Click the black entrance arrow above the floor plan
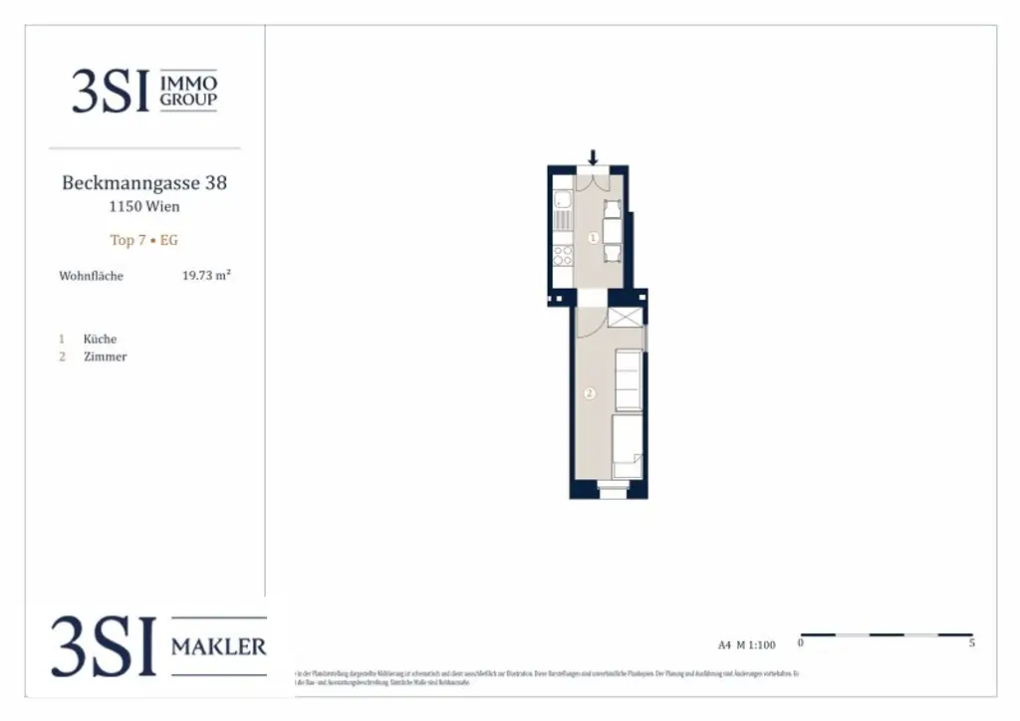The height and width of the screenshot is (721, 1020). coord(593,157)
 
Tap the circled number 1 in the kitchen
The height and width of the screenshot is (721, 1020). coord(593,238)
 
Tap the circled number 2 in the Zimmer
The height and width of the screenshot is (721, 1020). coord(589,393)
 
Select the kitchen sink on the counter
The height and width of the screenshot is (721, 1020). coord(563,217)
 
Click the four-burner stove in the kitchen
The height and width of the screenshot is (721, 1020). coord(563,254)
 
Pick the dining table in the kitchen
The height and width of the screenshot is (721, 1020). coord(613,232)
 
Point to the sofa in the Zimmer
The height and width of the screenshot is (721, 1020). coord(628,379)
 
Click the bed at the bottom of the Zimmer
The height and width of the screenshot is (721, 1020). coord(627,447)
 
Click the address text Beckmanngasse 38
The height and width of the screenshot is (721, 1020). coord(144,183)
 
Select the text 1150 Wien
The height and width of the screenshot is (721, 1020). coord(144,207)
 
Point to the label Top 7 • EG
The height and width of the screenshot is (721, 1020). coord(144,240)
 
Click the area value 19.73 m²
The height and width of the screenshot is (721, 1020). coord(206,275)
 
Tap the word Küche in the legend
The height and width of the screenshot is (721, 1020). coord(100,339)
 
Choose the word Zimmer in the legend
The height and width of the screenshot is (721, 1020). coord(105,357)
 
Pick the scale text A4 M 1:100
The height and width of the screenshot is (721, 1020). coord(746,644)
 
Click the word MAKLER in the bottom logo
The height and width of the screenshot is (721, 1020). coord(219,646)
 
